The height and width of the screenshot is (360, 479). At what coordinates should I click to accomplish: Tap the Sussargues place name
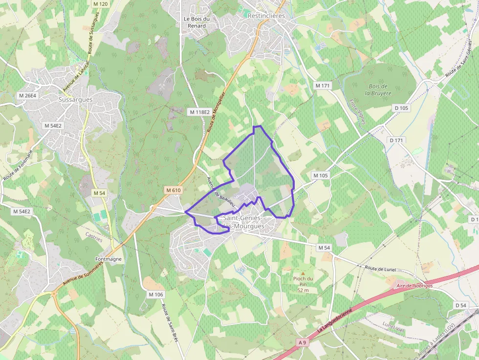[x=75, y=99]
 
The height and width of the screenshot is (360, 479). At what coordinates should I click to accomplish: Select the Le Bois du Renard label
[x=196, y=22]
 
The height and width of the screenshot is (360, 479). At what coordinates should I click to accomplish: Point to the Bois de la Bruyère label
[x=378, y=89]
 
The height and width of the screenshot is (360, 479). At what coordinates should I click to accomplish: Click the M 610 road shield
[x=173, y=190]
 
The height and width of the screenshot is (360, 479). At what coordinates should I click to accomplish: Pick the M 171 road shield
[x=323, y=85]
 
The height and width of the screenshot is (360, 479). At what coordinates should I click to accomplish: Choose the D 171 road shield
[x=397, y=140]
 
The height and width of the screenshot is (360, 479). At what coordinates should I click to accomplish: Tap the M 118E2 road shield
[x=199, y=112]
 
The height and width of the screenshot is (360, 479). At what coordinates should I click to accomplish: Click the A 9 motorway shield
[x=303, y=343]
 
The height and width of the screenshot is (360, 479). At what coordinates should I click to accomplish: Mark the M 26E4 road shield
[x=27, y=95]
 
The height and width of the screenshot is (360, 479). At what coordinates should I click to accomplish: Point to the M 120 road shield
[x=100, y=4]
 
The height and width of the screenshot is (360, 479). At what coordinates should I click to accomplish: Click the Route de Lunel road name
[x=380, y=269]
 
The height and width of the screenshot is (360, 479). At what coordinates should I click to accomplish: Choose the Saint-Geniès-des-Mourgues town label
[x=243, y=222]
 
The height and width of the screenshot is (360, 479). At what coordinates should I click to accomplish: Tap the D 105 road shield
[x=401, y=108]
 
